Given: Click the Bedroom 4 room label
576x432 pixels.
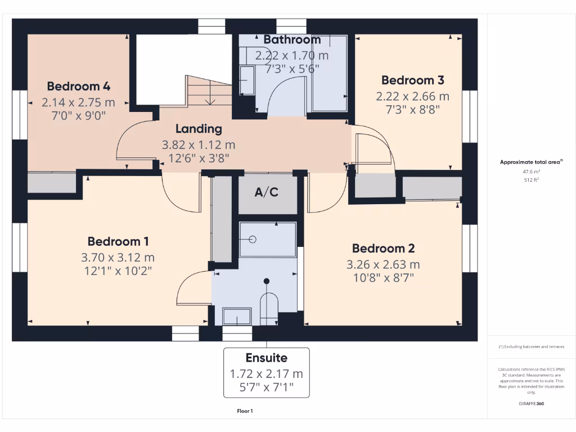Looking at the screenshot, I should click(x=78, y=87).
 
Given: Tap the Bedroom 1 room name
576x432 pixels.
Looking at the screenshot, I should click(x=118, y=242).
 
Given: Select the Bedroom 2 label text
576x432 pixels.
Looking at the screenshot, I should click(x=383, y=249).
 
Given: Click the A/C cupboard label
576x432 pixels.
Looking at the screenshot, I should click(x=267, y=192).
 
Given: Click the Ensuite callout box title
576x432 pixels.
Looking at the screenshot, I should click(x=266, y=358).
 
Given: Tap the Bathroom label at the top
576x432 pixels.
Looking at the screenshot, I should click(x=292, y=40).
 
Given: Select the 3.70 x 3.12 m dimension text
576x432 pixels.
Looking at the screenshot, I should click(x=118, y=258).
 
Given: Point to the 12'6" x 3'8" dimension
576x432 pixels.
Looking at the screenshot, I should click(x=199, y=158).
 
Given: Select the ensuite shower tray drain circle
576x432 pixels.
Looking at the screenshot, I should click(x=253, y=239).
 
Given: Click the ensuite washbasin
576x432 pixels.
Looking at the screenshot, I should click(x=237, y=316).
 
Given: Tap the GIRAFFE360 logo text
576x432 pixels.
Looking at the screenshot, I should click(x=532, y=404).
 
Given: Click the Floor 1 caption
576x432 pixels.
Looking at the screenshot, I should click(x=245, y=411).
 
